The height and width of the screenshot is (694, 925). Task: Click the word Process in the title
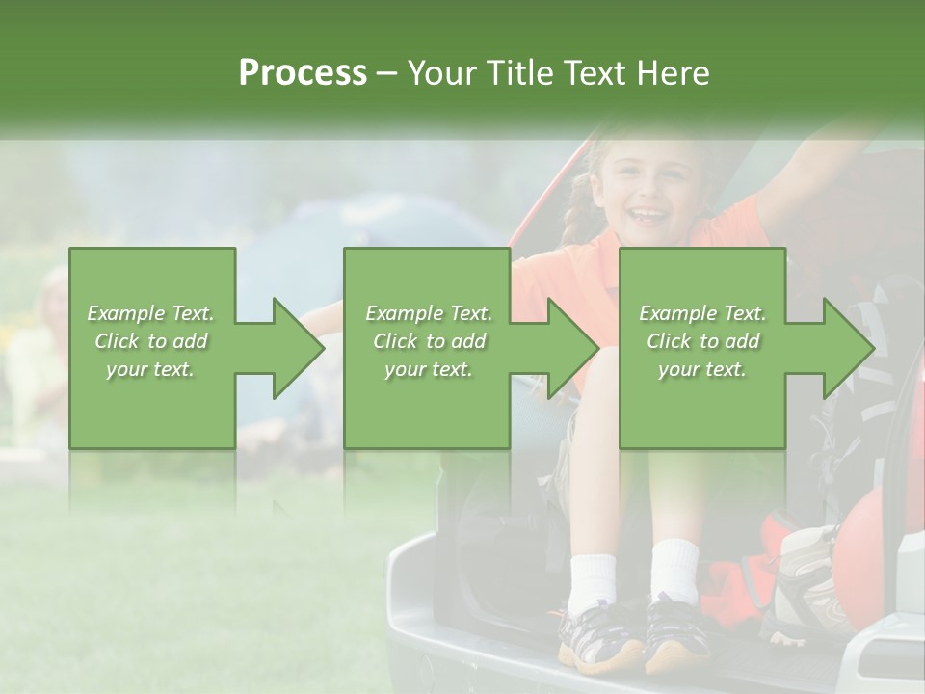pos(303,73)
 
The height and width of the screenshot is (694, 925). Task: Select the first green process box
pos(152,348)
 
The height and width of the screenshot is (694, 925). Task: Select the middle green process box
pos(427,348)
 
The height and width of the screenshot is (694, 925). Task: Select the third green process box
pos(701,348)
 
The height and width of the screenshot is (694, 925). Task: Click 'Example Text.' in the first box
pos(150,313)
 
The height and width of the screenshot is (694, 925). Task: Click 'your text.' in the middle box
pos(428,370)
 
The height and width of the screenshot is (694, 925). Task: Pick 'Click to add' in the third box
pos(702,341)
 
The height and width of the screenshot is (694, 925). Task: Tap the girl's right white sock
pos(674,571)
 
